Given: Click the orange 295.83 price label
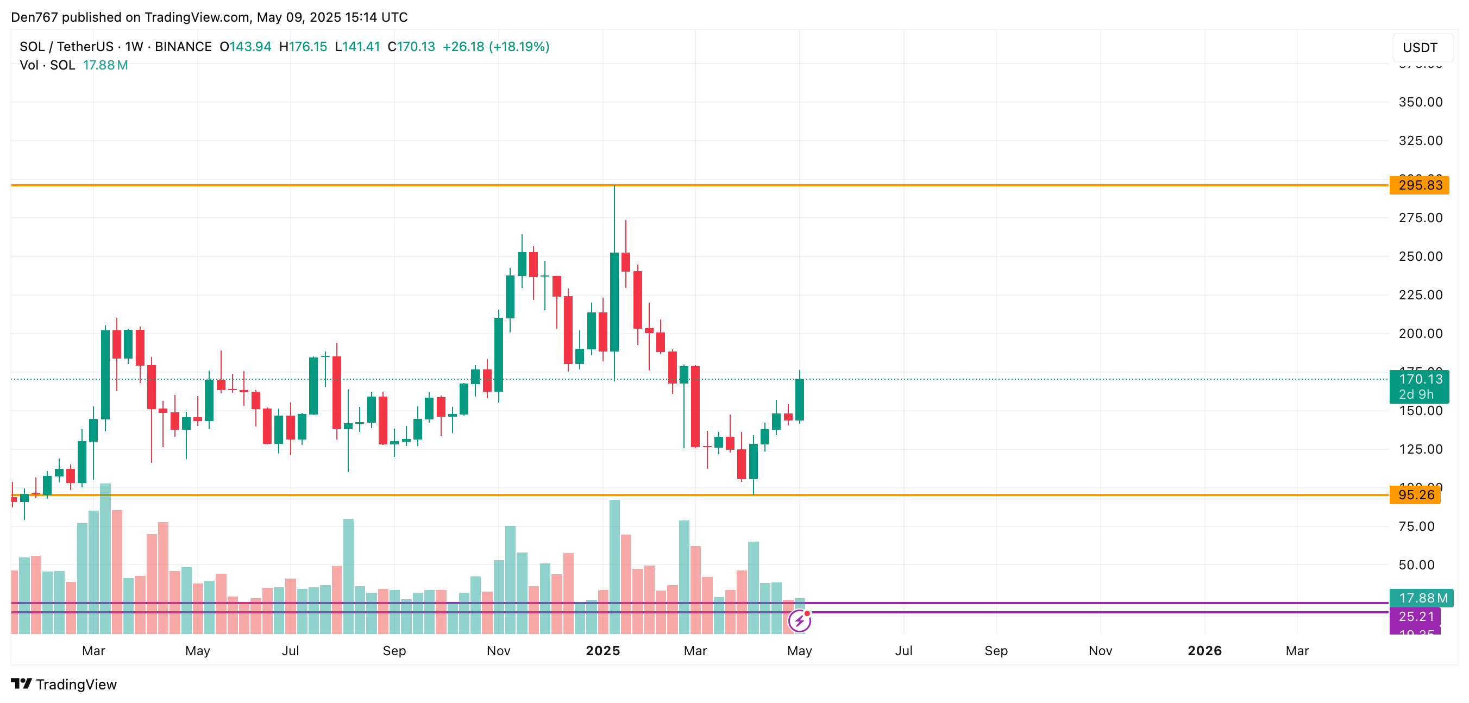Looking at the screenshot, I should click(1419, 185).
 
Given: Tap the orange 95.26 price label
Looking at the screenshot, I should click(1415, 495).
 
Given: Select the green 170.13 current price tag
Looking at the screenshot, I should click(1419, 380).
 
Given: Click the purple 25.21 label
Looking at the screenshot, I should click(1415, 616).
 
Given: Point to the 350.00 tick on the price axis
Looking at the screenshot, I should click(1420, 102).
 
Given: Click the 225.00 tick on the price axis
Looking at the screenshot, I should click(1420, 295).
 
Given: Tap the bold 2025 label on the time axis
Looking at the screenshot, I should click(603, 650).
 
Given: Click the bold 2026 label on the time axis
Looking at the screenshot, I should click(1204, 650).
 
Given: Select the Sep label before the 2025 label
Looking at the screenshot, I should click(394, 650).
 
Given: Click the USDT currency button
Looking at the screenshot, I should click(1420, 47).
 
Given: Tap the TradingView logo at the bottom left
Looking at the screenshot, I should click(64, 684).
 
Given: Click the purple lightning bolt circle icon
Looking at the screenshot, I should click(800, 621).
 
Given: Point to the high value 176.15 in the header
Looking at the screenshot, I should click(308, 47).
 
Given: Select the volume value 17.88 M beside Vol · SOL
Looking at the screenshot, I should click(105, 65).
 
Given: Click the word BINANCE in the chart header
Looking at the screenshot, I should click(183, 47).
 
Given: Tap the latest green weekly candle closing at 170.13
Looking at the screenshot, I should click(800, 400).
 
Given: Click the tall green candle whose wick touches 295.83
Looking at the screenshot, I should click(614, 302).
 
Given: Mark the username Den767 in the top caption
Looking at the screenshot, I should click(34, 17).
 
